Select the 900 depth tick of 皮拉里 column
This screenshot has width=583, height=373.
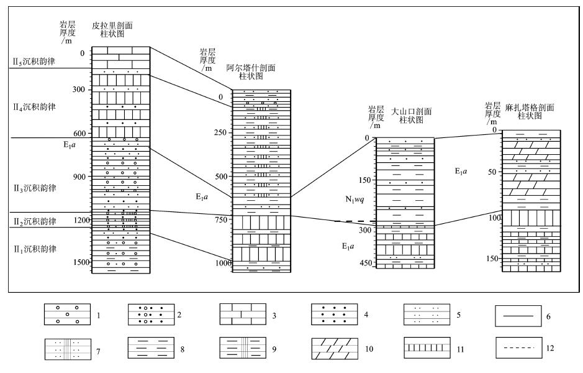79,177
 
